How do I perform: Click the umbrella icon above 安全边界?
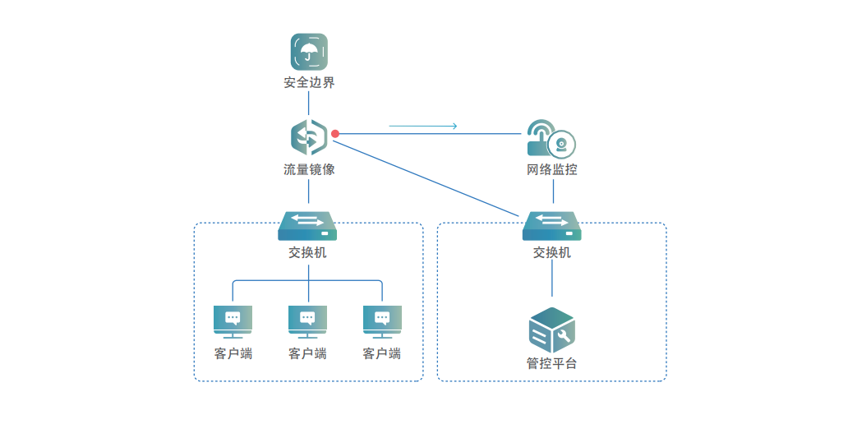(x=309, y=52)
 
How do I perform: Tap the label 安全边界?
(x=309, y=83)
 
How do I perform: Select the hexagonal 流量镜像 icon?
(x=309, y=137)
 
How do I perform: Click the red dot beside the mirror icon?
(x=335, y=134)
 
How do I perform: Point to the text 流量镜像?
(x=309, y=169)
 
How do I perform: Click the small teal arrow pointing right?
(x=423, y=126)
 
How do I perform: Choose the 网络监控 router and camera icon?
(x=551, y=138)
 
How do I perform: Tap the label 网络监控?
(x=551, y=169)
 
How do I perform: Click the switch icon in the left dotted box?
(x=307, y=226)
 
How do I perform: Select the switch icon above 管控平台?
(x=551, y=226)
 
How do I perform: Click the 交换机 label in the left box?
(x=307, y=252)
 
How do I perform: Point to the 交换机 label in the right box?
(x=551, y=252)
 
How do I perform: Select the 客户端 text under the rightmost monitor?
(x=382, y=354)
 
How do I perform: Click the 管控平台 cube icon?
(x=551, y=330)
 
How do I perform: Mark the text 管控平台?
(x=551, y=363)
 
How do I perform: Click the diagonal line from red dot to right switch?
(x=428, y=178)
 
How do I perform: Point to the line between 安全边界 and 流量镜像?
(x=309, y=104)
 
